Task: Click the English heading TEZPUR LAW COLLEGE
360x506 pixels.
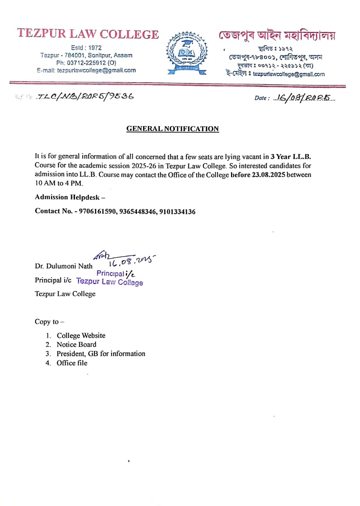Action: point(88,34)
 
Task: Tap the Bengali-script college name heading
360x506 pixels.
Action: point(277,35)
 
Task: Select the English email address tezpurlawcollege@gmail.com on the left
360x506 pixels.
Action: point(97,70)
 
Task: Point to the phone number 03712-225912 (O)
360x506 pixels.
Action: point(91,63)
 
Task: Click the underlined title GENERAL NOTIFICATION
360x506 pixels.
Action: point(172,129)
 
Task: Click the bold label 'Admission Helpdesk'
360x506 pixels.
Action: point(67,197)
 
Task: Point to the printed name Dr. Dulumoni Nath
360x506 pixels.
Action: point(64,266)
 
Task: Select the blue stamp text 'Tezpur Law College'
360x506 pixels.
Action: point(110,282)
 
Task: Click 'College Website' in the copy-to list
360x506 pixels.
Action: point(81,336)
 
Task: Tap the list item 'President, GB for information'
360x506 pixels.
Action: point(101,354)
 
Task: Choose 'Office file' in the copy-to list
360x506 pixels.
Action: point(72,363)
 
